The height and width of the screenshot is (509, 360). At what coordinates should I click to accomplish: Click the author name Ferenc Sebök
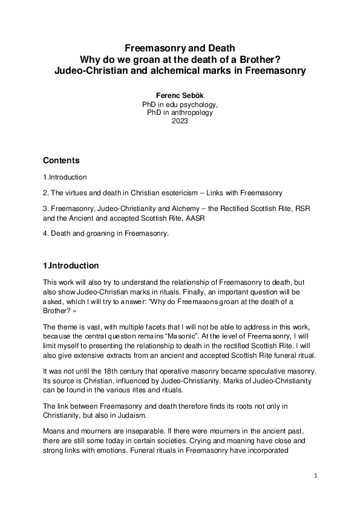coord(180,96)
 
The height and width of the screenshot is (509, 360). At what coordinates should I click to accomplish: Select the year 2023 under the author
coord(180,120)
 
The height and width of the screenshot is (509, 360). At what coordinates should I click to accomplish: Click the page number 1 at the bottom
coord(316,476)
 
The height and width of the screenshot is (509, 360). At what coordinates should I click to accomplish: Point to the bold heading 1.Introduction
coord(71,266)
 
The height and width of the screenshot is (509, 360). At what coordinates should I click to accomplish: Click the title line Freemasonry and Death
coord(180,47)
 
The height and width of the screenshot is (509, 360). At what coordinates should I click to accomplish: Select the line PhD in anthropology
coord(180,112)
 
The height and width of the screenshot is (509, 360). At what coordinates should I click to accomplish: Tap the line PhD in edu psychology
coord(180,104)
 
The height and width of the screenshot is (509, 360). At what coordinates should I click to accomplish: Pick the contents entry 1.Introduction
coord(65,177)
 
